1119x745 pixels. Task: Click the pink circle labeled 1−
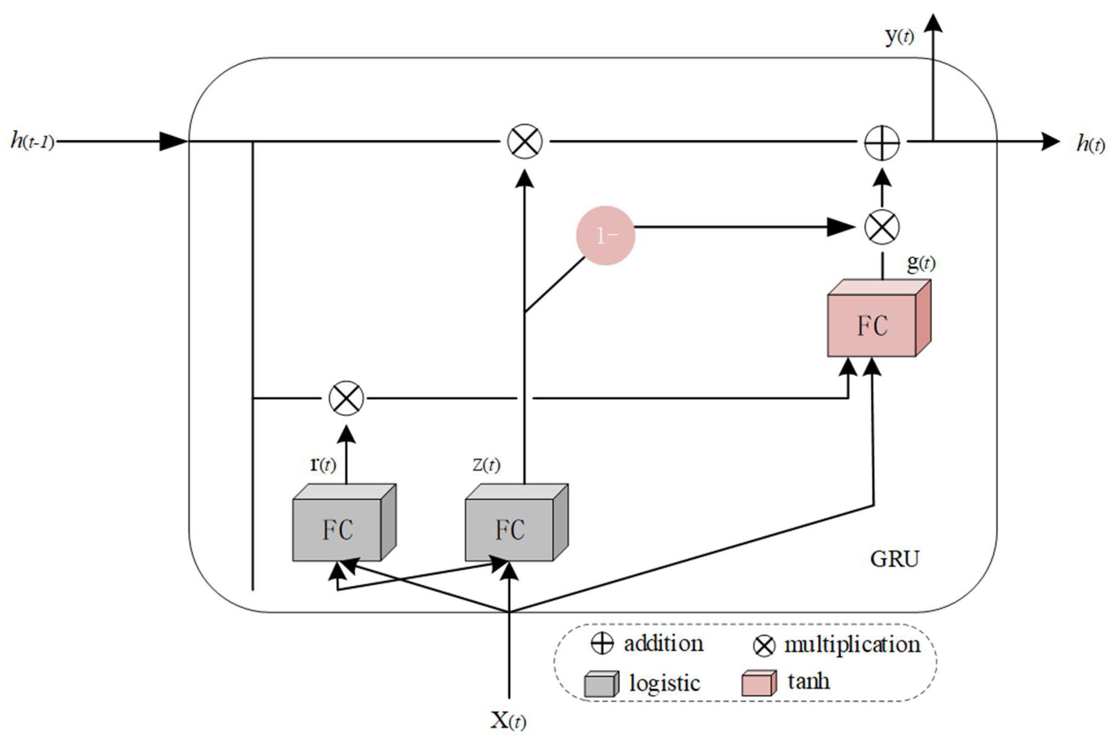[605, 235]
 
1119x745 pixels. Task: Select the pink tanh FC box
[872, 325]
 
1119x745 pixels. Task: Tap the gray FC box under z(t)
[510, 529]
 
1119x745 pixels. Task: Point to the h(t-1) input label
[32, 141]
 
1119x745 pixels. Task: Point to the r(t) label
[323, 464]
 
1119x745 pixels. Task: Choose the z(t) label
[486, 464]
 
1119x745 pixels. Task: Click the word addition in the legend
[663, 644]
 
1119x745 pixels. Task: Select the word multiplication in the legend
[852, 645]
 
